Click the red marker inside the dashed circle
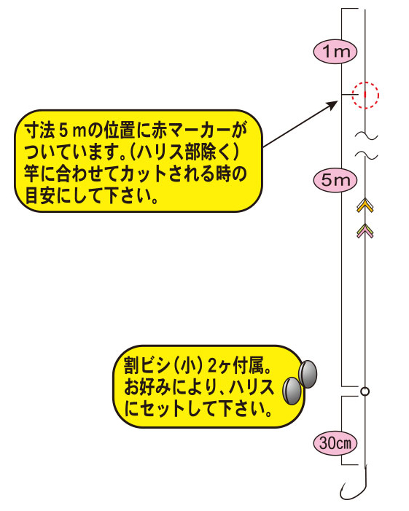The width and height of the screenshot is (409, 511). click(x=365, y=95)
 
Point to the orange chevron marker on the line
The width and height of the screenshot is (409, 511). click(x=365, y=206)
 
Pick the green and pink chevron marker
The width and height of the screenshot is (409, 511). click(x=365, y=231)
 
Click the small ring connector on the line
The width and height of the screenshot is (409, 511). click(x=365, y=391)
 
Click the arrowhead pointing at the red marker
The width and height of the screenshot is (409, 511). click(x=332, y=105)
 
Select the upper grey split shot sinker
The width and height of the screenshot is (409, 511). click(x=308, y=374)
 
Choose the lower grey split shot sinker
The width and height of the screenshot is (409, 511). click(x=292, y=391)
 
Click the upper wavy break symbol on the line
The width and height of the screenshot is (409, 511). click(x=366, y=135)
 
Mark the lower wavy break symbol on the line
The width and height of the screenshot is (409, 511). click(x=366, y=155)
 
